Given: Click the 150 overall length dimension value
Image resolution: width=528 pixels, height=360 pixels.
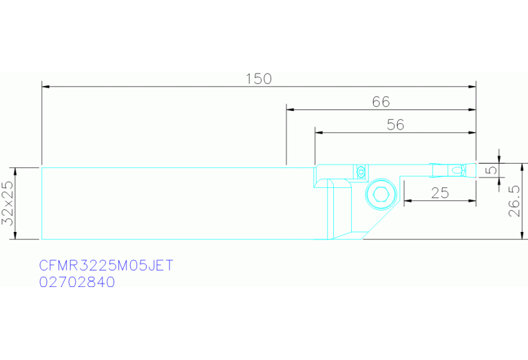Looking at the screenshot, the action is pyautogui.click(x=258, y=78).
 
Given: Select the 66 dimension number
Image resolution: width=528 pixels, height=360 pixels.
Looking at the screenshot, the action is pyautogui.click(x=381, y=102).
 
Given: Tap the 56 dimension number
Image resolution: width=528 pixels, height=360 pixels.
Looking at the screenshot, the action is pyautogui.click(x=395, y=125).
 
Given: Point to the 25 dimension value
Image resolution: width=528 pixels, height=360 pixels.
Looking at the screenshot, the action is pyautogui.click(x=440, y=193).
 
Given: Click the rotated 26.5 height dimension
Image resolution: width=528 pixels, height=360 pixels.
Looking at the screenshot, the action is pyautogui.click(x=514, y=201).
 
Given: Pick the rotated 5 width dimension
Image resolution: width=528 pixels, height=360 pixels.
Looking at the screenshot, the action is pyautogui.click(x=492, y=169).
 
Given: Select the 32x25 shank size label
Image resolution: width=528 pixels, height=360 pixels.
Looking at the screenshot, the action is pyautogui.click(x=8, y=204).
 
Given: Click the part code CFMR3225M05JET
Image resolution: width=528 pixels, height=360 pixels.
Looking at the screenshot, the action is pyautogui.click(x=106, y=266).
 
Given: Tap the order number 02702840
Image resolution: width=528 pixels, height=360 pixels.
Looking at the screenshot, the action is pyautogui.click(x=77, y=282).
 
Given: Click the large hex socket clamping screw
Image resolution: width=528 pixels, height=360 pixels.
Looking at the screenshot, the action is pyautogui.click(x=381, y=194).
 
